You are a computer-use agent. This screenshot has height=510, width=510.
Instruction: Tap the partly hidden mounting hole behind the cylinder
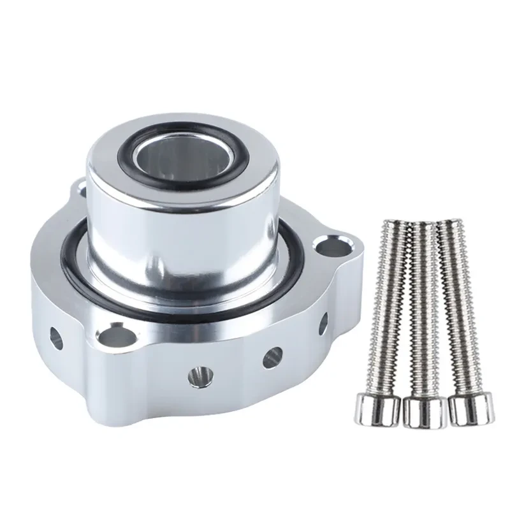(81, 186)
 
